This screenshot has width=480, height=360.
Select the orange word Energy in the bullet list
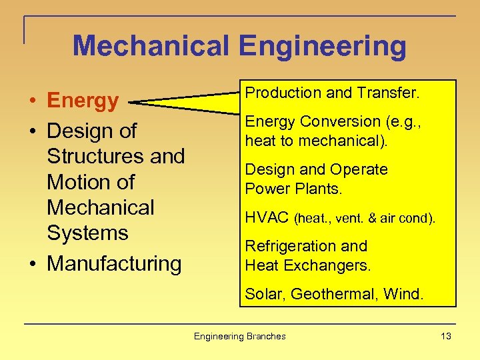tap(83, 101)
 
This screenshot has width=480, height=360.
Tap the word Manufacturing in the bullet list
tap(114, 263)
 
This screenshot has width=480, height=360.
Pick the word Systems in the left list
tap(87, 233)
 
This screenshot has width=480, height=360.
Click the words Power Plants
tap(293, 189)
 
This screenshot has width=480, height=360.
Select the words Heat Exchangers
tap(307, 265)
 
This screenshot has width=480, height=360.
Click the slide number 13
tap(446, 336)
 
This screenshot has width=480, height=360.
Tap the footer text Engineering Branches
tap(239, 336)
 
